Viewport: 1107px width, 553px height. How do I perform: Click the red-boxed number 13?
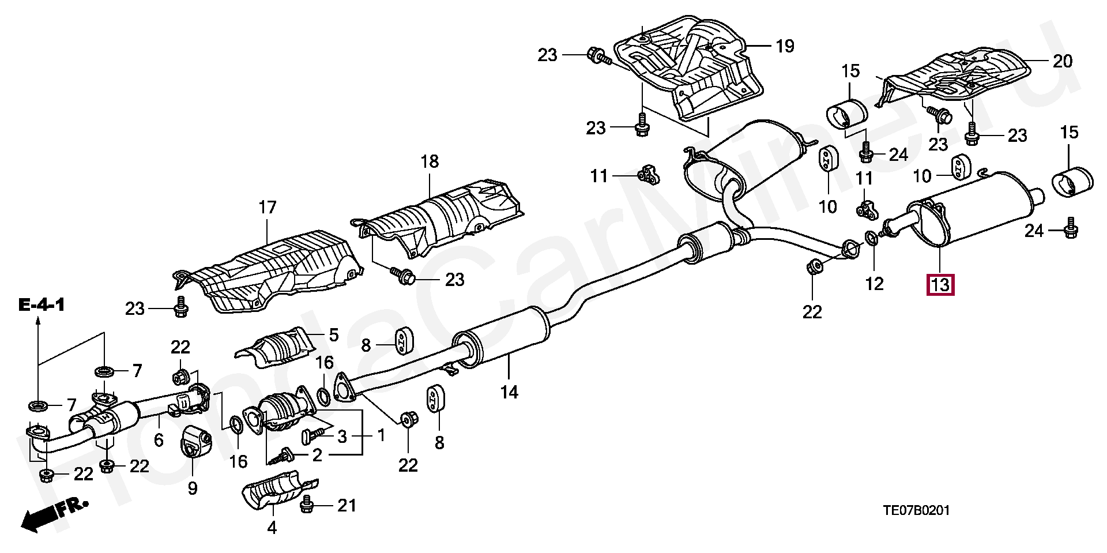[x=940, y=285]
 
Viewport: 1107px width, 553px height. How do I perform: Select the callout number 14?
[x=509, y=392]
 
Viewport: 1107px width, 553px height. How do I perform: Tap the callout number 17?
[x=267, y=207]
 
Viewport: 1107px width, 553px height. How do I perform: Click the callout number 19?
[x=785, y=46]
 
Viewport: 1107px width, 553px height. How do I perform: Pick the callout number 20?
[x=1063, y=61]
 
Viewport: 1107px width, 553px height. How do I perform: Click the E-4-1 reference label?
[x=41, y=305]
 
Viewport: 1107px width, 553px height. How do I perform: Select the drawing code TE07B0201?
[x=917, y=510]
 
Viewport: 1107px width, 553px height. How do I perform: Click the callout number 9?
[x=192, y=488]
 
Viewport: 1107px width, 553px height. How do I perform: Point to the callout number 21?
[x=347, y=506]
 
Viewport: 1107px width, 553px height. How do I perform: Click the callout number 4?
[x=272, y=527]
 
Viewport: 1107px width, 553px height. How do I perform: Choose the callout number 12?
[x=875, y=284]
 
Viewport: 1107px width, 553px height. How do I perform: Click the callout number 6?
[x=159, y=440]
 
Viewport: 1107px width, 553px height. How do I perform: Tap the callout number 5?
[x=334, y=334]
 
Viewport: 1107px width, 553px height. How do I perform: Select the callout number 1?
[x=381, y=435]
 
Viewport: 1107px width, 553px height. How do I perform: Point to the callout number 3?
[x=342, y=437]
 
